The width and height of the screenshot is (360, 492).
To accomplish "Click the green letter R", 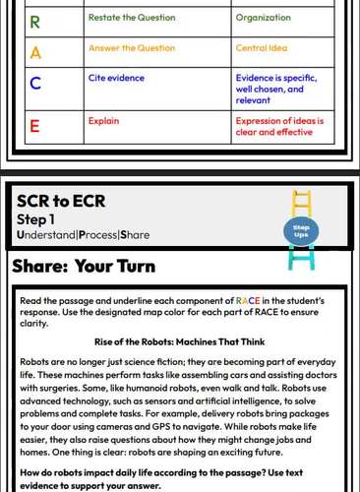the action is (x=35, y=20).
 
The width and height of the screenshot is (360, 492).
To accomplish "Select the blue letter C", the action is (x=35, y=84).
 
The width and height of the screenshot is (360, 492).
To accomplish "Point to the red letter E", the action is (x=35, y=126).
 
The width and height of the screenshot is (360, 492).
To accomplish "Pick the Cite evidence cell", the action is (x=110, y=76).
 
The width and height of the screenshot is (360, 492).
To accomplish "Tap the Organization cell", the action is (x=263, y=19).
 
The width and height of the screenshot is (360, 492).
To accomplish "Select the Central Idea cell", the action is (x=261, y=47).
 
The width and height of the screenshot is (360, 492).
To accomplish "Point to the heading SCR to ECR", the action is (x=61, y=202).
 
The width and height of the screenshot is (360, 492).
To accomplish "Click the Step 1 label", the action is (x=36, y=219).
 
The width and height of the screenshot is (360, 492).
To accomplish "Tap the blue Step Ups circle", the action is (x=301, y=231).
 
